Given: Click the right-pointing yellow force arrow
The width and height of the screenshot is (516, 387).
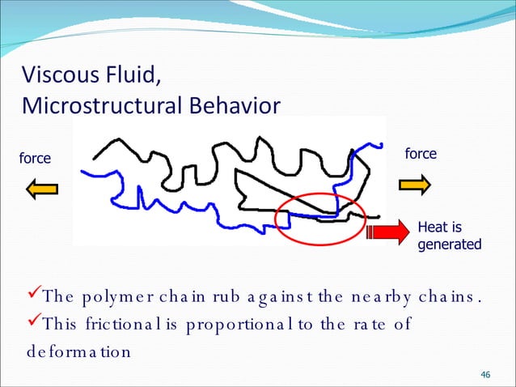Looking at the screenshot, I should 415,185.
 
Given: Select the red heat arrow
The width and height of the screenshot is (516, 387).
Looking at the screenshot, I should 386,232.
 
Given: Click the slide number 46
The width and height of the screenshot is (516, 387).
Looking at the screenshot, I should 485,374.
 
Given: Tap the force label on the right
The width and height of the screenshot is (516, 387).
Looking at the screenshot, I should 420,153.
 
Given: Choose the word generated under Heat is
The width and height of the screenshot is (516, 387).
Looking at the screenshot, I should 449,245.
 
